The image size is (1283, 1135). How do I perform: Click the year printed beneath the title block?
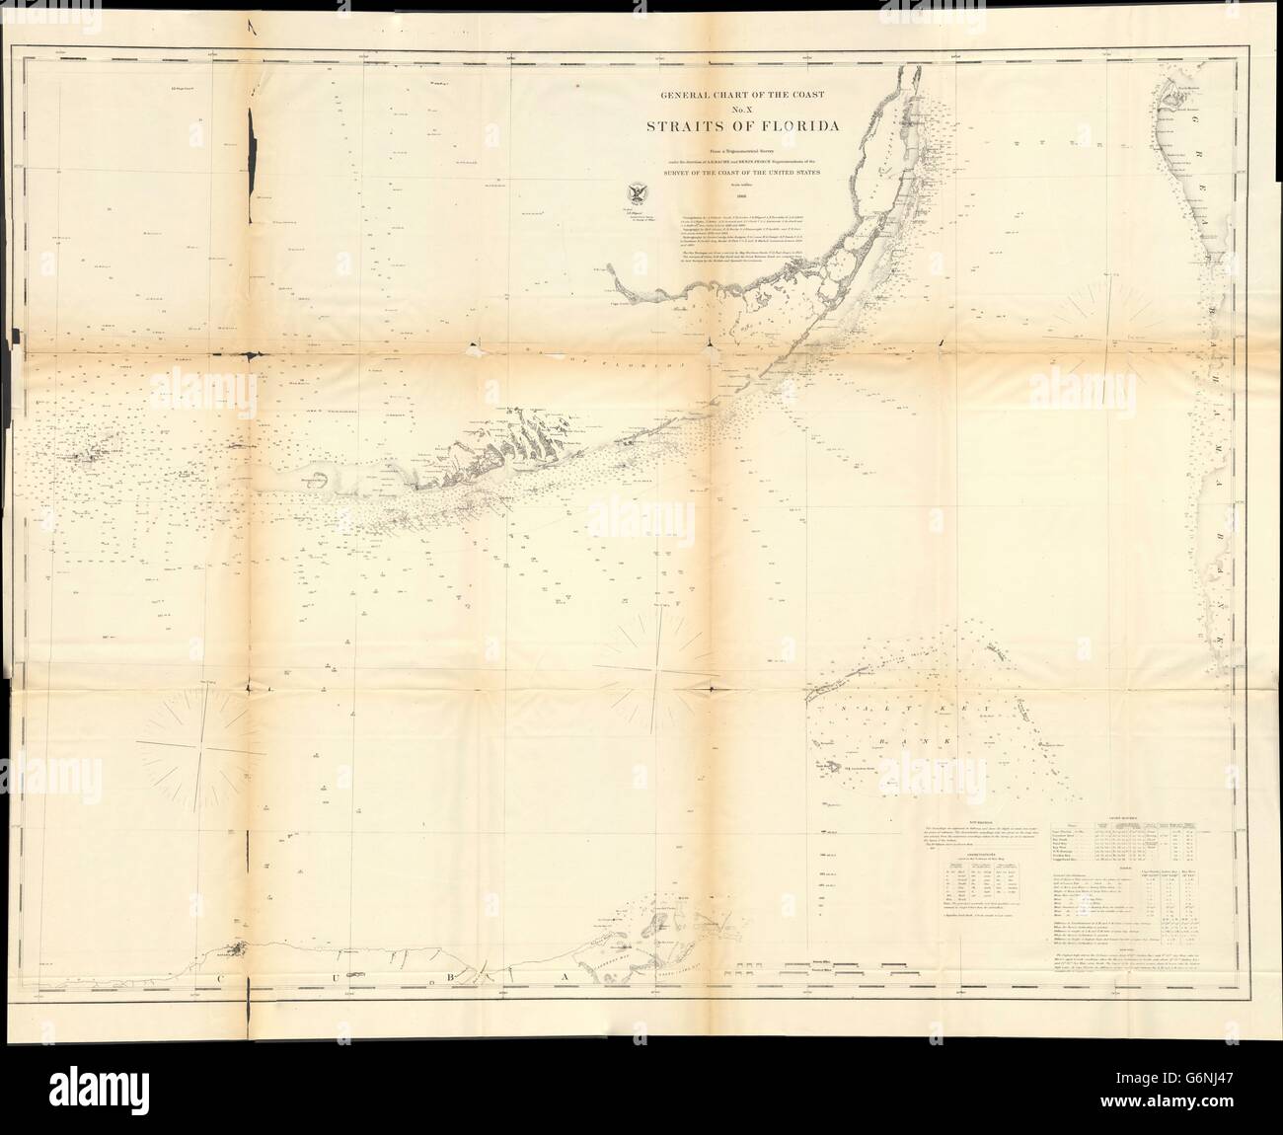[730, 196]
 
